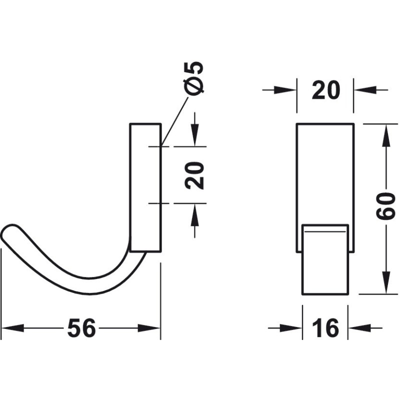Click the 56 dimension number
point(81,328)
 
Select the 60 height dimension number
point(385,206)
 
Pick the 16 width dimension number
point(325,328)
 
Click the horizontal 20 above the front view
point(326,90)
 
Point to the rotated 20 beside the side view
point(195,175)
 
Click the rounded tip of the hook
point(7,231)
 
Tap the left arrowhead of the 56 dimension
point(13,328)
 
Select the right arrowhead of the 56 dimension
point(149,328)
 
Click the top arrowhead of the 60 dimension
point(386,135)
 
